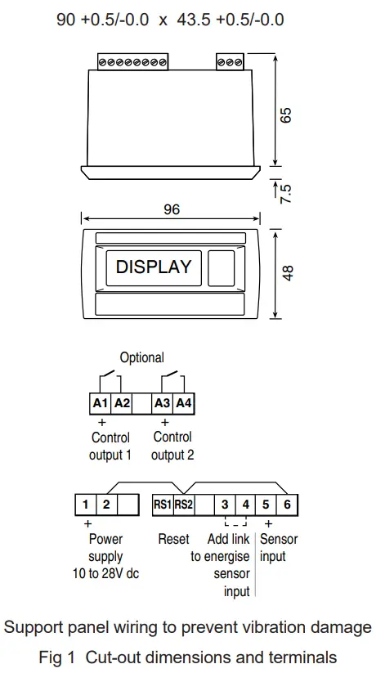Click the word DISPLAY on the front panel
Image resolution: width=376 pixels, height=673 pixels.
tap(154, 267)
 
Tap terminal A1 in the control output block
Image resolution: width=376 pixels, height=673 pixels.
tap(100, 402)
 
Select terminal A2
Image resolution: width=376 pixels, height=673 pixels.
tap(121, 402)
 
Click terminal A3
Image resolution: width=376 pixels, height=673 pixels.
tap(163, 402)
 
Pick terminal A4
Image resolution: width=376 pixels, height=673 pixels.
tap(184, 402)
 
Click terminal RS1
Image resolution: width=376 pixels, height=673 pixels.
tap(163, 505)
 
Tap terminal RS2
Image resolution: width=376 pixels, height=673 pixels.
tap(183, 505)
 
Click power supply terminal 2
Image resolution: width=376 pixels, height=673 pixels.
tap(106, 505)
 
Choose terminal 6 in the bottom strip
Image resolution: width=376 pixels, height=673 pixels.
tap(287, 505)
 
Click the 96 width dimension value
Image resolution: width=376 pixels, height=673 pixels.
tap(171, 209)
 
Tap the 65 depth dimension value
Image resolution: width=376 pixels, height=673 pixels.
tap(286, 114)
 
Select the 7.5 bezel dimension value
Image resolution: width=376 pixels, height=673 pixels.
tap(286, 193)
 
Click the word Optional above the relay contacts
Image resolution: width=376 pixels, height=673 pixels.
tap(141, 357)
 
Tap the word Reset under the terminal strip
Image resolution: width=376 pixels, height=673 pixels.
tap(173, 539)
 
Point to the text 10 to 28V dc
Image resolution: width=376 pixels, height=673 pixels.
tap(105, 573)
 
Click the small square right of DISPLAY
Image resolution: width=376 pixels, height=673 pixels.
tap(222, 267)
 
